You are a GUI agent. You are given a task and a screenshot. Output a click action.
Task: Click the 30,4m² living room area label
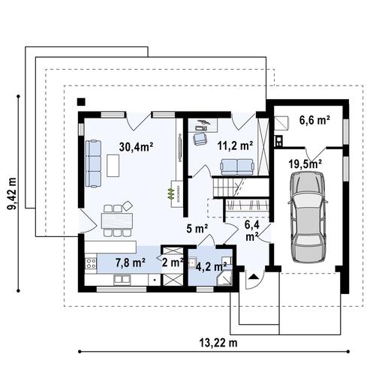click(136, 147)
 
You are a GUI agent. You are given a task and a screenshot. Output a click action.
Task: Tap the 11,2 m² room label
click(235, 145)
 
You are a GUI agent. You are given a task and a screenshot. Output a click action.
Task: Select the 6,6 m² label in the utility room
click(314, 120)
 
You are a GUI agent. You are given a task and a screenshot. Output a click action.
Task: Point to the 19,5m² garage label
click(305, 164)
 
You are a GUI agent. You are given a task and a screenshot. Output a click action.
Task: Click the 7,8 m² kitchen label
click(131, 262)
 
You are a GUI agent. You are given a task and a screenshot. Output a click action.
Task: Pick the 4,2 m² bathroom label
click(211, 266)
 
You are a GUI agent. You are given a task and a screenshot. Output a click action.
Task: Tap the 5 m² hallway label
click(197, 228)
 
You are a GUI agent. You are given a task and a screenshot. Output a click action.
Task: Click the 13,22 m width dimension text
click(218, 343)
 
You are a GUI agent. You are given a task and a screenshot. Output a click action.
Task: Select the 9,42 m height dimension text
click(11, 193)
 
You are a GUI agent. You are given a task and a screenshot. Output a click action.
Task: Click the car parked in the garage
click(308, 217)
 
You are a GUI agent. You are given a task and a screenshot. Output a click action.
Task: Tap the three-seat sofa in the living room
click(93, 163)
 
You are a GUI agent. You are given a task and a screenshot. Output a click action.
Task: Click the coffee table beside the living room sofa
click(113, 166)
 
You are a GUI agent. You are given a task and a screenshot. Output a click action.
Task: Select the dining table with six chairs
click(117, 220)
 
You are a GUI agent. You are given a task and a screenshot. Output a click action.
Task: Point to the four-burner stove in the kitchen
click(91, 263)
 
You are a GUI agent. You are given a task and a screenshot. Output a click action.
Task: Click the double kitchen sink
click(122, 280)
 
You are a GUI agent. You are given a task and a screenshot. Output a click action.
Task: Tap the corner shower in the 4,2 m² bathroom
click(224, 277)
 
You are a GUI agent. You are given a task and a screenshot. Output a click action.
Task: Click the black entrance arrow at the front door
click(254, 277)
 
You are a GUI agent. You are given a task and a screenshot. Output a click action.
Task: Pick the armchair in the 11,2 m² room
click(200, 139)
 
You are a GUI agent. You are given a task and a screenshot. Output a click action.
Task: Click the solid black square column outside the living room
click(81, 102)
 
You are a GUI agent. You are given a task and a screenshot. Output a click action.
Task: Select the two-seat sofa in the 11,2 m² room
click(237, 166)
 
